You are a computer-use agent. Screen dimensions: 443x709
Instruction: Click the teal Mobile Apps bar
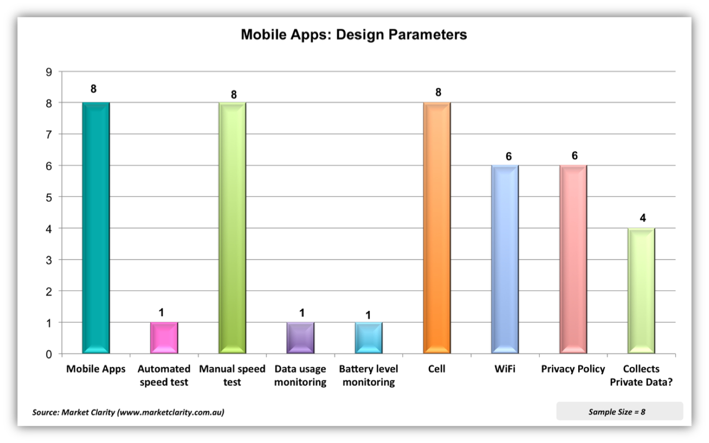(x=96, y=228)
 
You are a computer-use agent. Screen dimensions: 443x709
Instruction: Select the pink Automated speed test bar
(x=164, y=338)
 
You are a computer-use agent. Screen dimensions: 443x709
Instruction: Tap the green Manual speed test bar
(x=232, y=228)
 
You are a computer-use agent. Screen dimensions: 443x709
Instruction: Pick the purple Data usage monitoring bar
(x=300, y=338)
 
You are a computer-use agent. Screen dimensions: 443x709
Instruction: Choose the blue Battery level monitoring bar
(x=368, y=338)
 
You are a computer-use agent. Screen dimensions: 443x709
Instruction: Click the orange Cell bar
(x=437, y=228)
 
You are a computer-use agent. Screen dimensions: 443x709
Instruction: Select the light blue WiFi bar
(x=505, y=259)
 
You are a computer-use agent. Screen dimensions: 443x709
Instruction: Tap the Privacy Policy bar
(x=573, y=259)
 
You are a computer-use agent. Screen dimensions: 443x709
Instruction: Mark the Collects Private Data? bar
(x=641, y=291)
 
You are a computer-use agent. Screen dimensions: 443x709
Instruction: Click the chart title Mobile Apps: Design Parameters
(x=354, y=35)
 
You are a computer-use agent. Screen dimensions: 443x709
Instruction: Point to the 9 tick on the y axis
(x=49, y=72)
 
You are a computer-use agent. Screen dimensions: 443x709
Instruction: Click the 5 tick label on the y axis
(x=49, y=198)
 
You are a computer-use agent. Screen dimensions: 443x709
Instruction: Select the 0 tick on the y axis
(x=49, y=355)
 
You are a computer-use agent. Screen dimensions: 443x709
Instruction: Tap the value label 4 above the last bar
(x=643, y=218)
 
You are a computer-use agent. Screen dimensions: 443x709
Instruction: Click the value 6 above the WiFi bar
(x=508, y=157)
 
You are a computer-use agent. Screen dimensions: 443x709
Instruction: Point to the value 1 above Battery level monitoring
(x=368, y=315)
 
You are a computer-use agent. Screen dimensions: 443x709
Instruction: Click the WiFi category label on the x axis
(x=505, y=369)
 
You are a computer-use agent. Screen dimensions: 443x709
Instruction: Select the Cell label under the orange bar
(x=437, y=369)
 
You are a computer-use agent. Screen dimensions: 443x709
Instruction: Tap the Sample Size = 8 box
(x=617, y=412)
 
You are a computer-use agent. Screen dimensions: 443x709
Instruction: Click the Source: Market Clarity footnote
(x=128, y=412)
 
